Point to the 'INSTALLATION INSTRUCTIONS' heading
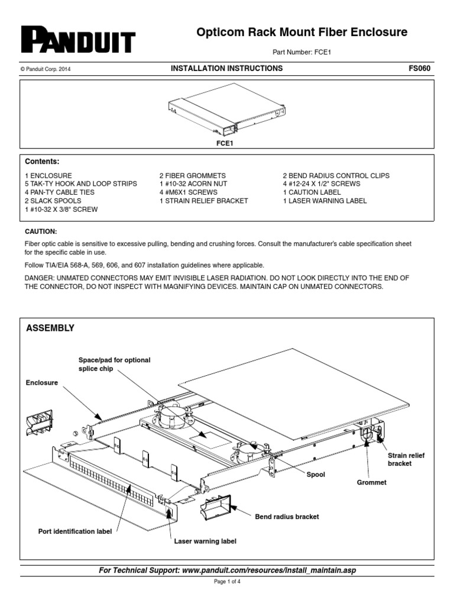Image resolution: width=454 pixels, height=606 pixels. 226,69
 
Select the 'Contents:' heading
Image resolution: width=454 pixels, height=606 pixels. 42,162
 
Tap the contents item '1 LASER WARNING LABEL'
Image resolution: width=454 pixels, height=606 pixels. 325,201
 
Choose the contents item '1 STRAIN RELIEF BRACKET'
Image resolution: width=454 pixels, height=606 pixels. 203,201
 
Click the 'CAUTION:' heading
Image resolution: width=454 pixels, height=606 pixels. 41,231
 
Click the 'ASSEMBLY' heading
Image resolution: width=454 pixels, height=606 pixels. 50,328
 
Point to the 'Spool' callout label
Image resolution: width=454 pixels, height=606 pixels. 316,475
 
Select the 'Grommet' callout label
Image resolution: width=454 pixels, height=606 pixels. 372,482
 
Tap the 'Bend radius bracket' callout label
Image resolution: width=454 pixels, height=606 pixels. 287,517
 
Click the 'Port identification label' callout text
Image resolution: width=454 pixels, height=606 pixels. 74,530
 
